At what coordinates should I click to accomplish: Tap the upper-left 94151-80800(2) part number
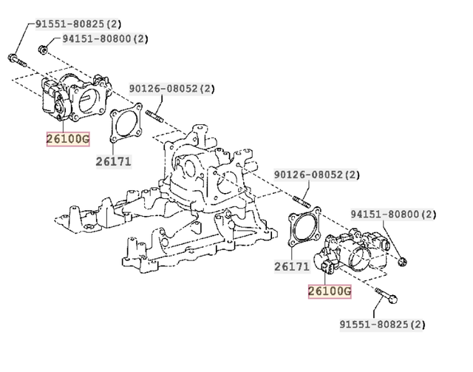tap(104, 38)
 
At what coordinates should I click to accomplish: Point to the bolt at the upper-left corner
tap(17, 58)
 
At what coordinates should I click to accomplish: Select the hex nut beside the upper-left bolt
tap(44, 50)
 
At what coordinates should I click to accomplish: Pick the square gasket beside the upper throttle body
tap(126, 126)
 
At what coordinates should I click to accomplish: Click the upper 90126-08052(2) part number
tap(172, 88)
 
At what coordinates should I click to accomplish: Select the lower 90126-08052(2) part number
tap(316, 175)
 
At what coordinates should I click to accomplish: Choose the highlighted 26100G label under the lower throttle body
tap(330, 291)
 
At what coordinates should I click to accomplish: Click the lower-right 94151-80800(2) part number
tap(393, 215)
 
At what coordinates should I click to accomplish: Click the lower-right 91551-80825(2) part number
tap(382, 324)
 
